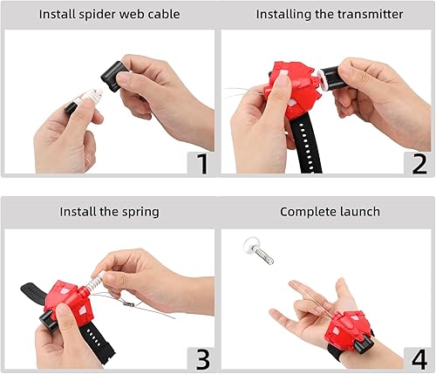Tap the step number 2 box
click(418, 162)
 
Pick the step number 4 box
click(418, 357)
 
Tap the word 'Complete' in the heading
click(305, 211)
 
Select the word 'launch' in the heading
click(358, 211)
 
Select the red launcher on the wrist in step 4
click(353, 332)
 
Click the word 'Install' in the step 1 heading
click(58, 15)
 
